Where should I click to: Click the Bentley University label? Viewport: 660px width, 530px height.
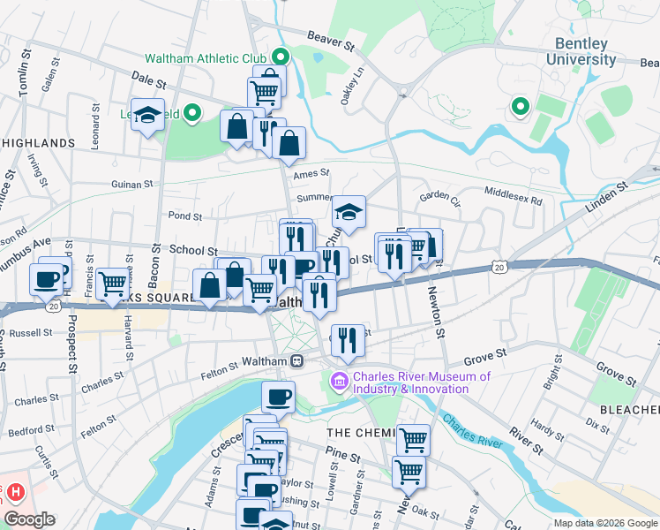pos(585,51)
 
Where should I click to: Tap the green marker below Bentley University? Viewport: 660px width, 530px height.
pos(520,107)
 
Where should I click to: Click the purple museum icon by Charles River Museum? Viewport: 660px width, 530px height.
pos(339,382)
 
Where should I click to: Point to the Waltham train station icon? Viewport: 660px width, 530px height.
pos(297,361)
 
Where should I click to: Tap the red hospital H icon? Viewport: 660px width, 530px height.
pos(13,491)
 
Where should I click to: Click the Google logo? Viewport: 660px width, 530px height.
pos(29,519)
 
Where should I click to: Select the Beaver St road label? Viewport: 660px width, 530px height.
pos(330,40)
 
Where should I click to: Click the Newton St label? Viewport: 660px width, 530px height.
pos(434,311)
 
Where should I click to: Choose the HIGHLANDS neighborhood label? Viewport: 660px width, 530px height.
pos(38,142)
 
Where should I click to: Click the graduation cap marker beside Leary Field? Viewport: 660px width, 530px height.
pos(148,116)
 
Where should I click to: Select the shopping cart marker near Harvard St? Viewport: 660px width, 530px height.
pos(113,283)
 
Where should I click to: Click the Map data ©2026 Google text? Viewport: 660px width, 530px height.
pos(604,522)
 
